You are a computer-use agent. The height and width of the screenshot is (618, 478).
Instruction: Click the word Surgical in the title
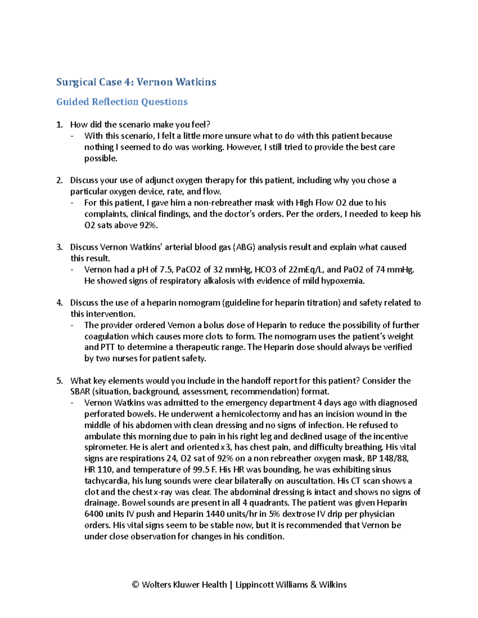tap(76, 82)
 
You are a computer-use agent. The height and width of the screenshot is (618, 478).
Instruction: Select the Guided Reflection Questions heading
tap(121, 102)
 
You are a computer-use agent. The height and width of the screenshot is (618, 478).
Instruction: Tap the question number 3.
tap(59, 247)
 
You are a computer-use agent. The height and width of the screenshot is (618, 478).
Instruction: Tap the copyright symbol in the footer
tap(135, 585)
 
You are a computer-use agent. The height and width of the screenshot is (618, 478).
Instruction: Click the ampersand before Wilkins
tap(313, 585)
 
